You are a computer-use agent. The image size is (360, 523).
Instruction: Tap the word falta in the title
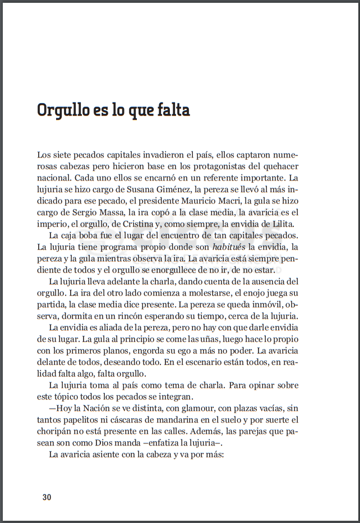point(172,110)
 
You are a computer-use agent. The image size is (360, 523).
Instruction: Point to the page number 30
point(47,497)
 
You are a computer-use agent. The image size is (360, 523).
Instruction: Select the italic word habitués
point(230,247)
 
